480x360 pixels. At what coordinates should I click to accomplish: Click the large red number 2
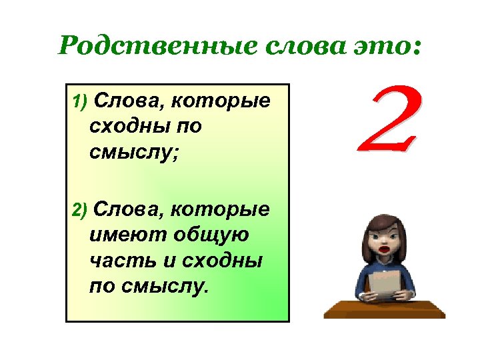(x=389, y=121)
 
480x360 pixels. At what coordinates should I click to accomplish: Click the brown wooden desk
(x=384, y=308)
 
